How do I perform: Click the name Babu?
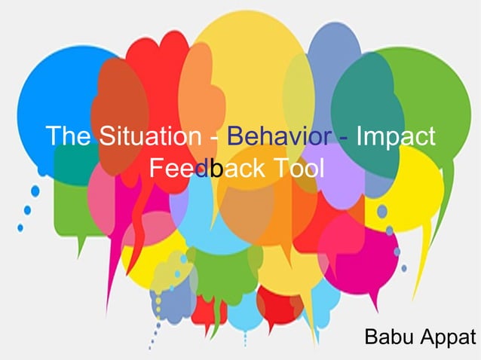(x=388, y=337)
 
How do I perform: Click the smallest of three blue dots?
(x=20, y=227)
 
